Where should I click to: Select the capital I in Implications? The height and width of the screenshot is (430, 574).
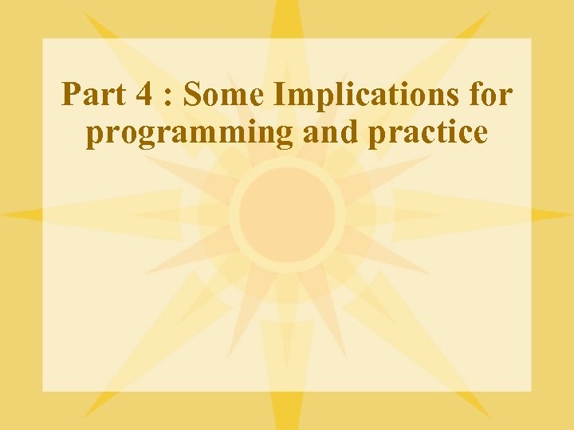coord(279,96)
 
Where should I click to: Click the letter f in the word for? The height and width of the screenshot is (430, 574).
coord(476,95)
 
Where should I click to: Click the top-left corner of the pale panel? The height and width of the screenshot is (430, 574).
coord(42,38)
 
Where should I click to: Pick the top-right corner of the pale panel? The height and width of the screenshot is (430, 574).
coord(531,38)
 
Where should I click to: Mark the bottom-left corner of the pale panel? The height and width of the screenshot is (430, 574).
coord(42,391)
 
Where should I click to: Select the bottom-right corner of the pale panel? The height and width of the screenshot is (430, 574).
coord(531,391)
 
